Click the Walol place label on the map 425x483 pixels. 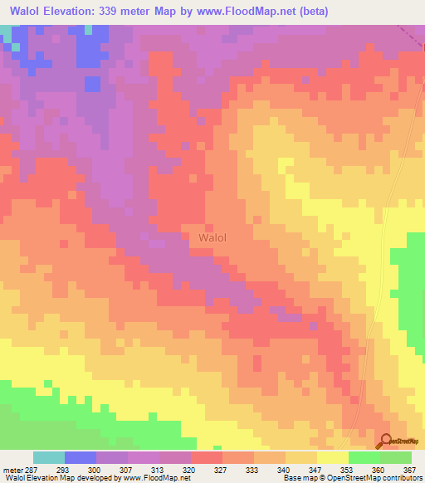point(213,237)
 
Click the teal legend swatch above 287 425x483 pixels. point(49,457)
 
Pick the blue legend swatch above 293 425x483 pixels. point(81,457)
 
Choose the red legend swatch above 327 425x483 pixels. point(206,457)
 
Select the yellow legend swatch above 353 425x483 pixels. point(332,457)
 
